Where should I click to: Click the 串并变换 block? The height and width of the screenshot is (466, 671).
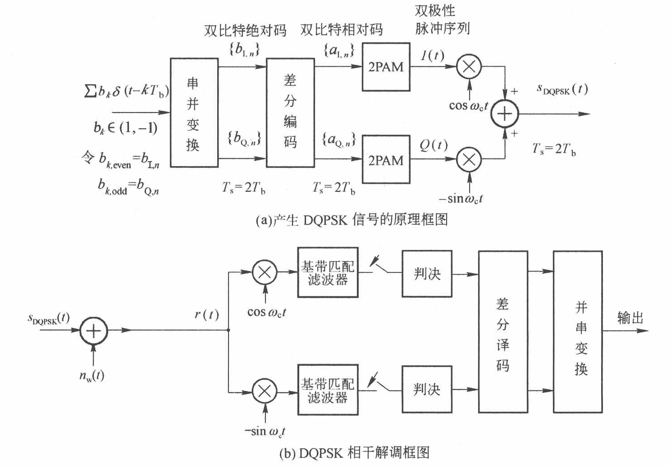point(194,113)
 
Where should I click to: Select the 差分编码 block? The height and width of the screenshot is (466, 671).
point(290,113)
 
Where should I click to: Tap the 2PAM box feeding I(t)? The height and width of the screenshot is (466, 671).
point(386,67)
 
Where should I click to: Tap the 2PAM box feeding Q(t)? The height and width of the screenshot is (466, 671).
point(386,159)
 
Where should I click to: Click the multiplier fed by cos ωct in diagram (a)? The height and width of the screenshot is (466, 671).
point(469,67)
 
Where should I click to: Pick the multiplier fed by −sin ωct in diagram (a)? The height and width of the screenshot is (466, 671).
point(469,159)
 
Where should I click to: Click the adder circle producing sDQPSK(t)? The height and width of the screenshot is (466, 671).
point(505,113)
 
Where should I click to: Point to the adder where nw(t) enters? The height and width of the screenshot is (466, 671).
point(93,331)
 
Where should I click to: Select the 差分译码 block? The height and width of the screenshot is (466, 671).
point(503,331)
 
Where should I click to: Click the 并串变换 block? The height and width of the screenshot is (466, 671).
point(578,331)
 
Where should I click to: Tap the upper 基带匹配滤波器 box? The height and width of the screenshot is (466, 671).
point(328,272)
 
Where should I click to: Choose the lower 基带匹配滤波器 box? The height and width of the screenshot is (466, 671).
point(328,390)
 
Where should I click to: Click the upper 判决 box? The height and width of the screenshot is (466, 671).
point(427,273)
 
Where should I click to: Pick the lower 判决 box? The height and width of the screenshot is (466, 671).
point(427,389)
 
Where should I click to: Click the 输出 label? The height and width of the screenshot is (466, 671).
point(630,318)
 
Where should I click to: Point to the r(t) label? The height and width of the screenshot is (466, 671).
point(206,314)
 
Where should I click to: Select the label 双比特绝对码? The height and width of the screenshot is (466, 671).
point(245,30)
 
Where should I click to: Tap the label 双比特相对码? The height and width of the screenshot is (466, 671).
point(342,30)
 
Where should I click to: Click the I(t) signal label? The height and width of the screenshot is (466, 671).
point(433,55)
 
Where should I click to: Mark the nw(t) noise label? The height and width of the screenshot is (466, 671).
point(91,375)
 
